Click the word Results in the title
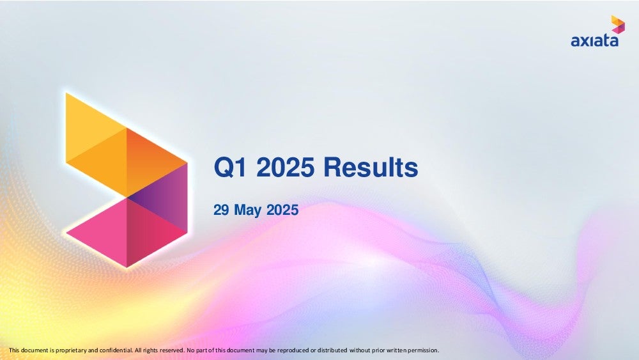(x=371, y=167)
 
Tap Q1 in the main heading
(x=231, y=168)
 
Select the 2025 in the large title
(x=285, y=167)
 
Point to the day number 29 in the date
(x=221, y=210)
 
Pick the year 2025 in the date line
(x=282, y=210)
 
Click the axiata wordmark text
(x=594, y=41)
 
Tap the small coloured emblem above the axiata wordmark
(x=618, y=24)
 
